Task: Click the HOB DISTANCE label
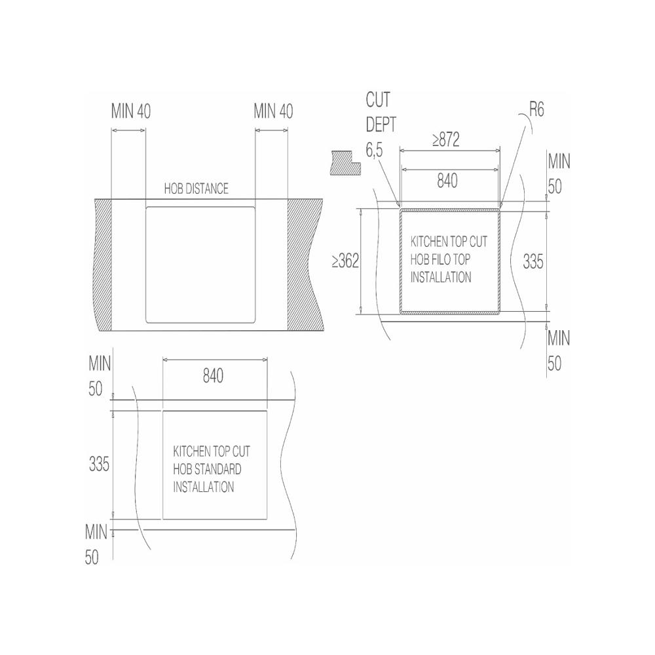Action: [196, 189]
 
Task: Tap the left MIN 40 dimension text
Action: [131, 111]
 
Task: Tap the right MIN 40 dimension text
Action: [273, 111]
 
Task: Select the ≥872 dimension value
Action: [445, 140]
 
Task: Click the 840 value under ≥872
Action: [447, 181]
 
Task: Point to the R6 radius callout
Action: [537, 110]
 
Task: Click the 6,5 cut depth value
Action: [374, 151]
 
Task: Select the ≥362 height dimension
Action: [345, 261]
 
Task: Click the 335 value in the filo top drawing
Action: [533, 262]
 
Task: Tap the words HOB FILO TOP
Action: [440, 259]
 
